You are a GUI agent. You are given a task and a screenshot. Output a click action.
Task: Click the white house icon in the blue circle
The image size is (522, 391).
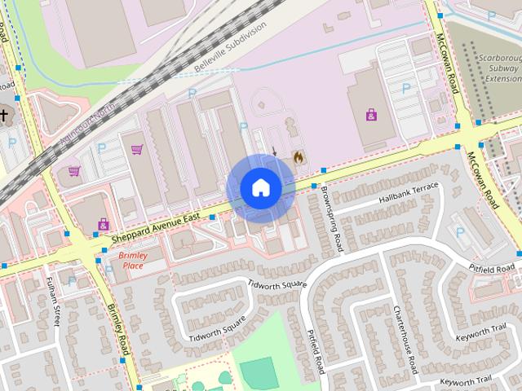click(261, 187)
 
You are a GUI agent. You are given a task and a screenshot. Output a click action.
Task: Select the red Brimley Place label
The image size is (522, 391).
click(131, 260)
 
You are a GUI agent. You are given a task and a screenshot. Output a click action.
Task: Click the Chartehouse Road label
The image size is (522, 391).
click(405, 334)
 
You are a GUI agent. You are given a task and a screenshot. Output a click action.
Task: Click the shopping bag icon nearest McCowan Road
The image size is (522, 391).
click(372, 115)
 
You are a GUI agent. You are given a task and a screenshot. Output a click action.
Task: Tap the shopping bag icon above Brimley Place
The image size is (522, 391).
click(104, 223)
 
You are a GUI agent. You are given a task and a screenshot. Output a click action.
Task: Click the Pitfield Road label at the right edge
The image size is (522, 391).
click(492, 268)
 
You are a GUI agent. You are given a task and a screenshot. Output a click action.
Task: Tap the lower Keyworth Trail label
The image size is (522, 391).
click(467, 380)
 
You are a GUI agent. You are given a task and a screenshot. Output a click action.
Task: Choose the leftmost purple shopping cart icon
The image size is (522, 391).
click(74, 170)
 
